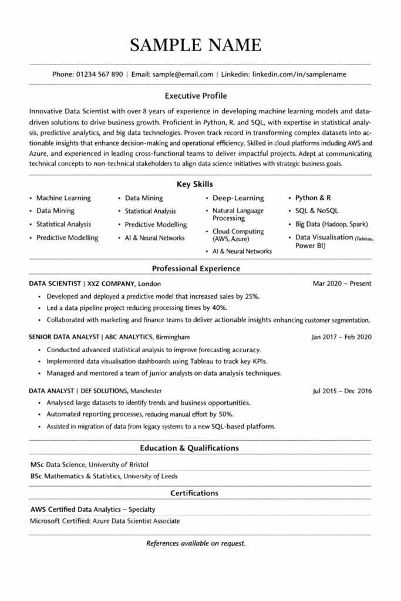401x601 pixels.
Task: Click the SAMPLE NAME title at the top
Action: coord(196,44)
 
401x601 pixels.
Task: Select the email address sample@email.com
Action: coord(183,75)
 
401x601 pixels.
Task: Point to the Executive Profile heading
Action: coord(196,95)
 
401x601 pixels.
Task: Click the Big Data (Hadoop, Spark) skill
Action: coord(332,224)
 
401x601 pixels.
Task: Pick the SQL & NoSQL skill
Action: coord(316,211)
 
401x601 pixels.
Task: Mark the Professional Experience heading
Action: coord(196,268)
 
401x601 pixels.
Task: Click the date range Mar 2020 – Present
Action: coord(342,283)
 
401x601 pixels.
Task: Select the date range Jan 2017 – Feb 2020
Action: coord(341,337)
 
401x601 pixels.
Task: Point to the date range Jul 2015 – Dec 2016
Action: coord(342,391)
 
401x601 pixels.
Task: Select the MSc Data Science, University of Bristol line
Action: coord(89,464)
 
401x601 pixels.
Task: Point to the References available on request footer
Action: coord(196,543)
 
